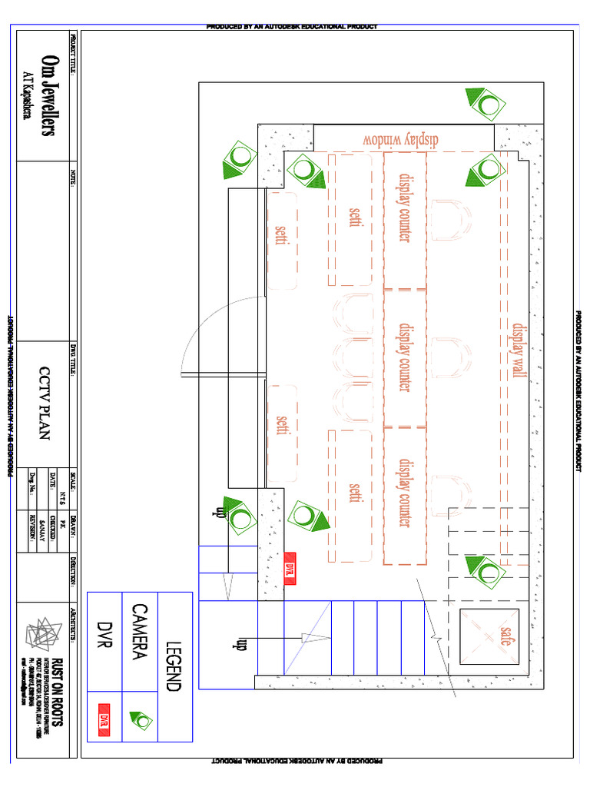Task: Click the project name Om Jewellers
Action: click(48, 96)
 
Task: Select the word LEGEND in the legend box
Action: click(174, 666)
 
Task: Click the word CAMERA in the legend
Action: click(140, 631)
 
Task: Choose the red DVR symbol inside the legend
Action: click(104, 719)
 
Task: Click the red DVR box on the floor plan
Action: click(290, 569)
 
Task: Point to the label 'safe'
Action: click(505, 635)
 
